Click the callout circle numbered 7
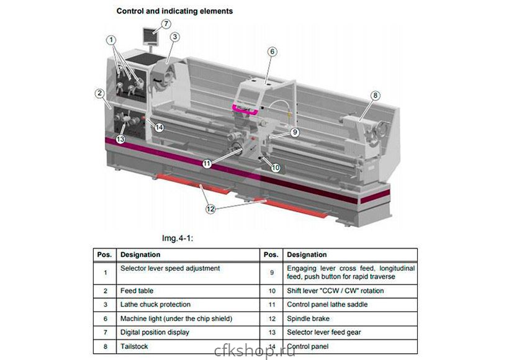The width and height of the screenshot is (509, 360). click(x=166, y=24)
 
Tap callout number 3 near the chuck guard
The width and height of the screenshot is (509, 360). click(x=176, y=37)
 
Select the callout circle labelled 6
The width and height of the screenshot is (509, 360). click(x=272, y=52)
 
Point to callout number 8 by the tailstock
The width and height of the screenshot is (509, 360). click(x=376, y=96)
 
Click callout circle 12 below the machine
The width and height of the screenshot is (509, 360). click(x=210, y=209)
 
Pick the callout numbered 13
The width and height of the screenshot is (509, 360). click(x=120, y=140)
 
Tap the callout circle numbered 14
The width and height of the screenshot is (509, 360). click(x=159, y=127)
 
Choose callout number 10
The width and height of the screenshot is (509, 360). click(x=276, y=168)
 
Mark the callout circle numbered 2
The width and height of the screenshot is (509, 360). click(x=99, y=94)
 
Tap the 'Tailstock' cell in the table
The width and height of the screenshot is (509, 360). click(x=135, y=346)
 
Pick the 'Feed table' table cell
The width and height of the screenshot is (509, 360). click(x=137, y=290)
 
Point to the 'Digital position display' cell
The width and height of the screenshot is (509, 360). click(x=155, y=332)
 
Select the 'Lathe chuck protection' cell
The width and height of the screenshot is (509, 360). click(x=155, y=305)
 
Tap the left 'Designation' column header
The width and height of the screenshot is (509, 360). click(x=140, y=254)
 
